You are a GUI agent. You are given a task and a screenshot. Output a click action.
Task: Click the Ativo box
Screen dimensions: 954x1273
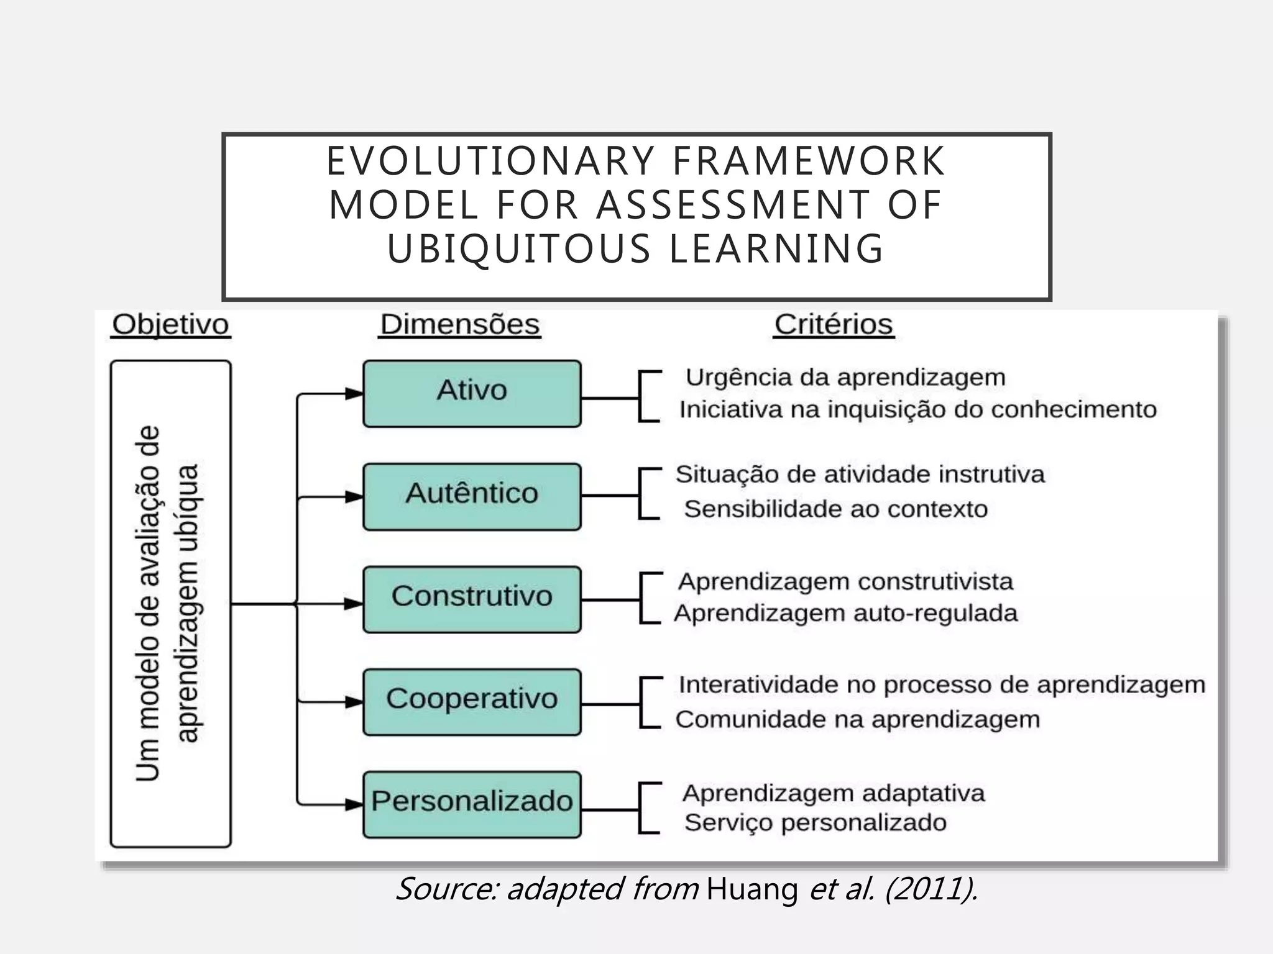(x=472, y=394)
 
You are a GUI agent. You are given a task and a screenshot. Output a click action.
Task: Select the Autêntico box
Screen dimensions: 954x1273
(x=472, y=496)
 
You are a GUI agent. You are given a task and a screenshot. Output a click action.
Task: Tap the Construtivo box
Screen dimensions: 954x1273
(x=472, y=599)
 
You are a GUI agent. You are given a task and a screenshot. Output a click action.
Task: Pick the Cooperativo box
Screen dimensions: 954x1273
(x=472, y=702)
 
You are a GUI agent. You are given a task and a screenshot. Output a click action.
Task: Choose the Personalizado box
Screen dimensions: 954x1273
(x=472, y=804)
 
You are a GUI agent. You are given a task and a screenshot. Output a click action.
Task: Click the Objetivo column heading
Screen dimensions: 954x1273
(x=170, y=325)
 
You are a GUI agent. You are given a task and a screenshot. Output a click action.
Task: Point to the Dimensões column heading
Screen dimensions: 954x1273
(x=460, y=325)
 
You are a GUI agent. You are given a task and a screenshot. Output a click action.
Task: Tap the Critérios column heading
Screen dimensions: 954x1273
(x=834, y=325)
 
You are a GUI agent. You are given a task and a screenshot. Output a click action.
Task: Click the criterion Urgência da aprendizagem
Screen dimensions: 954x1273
(x=845, y=378)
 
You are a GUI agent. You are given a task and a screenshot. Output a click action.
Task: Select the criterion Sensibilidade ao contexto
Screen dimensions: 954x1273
(x=836, y=509)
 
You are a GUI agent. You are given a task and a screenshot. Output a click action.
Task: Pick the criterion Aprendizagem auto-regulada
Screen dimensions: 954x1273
(x=846, y=614)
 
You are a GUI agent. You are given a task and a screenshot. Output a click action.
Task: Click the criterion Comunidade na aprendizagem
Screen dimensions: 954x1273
(x=858, y=720)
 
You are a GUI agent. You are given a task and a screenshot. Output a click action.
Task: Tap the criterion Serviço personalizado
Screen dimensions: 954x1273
(x=816, y=823)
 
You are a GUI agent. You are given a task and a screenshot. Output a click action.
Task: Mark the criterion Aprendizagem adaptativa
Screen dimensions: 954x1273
(x=834, y=794)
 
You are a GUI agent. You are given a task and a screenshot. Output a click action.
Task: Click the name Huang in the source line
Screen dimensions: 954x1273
(x=752, y=889)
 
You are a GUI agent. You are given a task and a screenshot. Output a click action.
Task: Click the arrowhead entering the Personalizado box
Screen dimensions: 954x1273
(x=354, y=805)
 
